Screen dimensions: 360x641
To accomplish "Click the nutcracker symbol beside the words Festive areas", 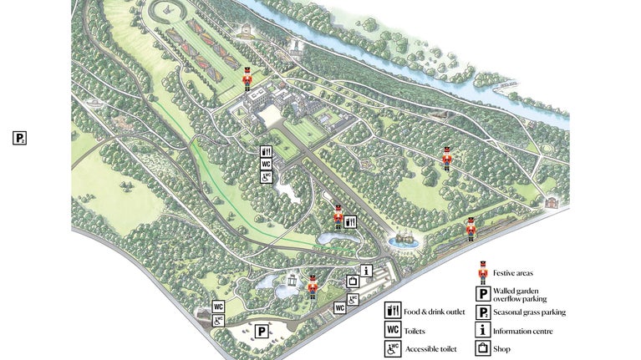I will click(x=482, y=272).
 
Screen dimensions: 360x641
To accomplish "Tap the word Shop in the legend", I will click(x=501, y=348).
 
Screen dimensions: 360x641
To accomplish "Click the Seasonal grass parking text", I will click(x=529, y=312).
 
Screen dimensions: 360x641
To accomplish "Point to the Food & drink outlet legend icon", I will click(x=392, y=311).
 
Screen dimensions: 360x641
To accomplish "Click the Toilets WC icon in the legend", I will click(x=392, y=330).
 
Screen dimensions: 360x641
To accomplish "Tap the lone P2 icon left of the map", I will click(x=20, y=138).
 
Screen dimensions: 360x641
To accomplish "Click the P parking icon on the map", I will click(x=262, y=332).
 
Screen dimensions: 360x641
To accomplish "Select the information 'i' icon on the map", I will click(x=366, y=270).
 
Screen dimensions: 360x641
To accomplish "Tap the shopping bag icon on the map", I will click(x=353, y=281).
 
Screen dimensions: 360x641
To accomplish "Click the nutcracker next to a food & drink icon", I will click(x=338, y=217).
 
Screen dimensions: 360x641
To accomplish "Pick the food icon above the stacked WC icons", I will click(x=266, y=152).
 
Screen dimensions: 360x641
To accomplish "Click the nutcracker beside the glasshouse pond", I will click(x=313, y=286).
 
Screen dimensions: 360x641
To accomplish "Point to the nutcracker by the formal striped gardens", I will click(x=247, y=78).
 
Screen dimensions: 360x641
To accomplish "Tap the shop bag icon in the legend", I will click(x=482, y=348).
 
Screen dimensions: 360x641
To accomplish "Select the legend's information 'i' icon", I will click(x=482, y=330).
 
